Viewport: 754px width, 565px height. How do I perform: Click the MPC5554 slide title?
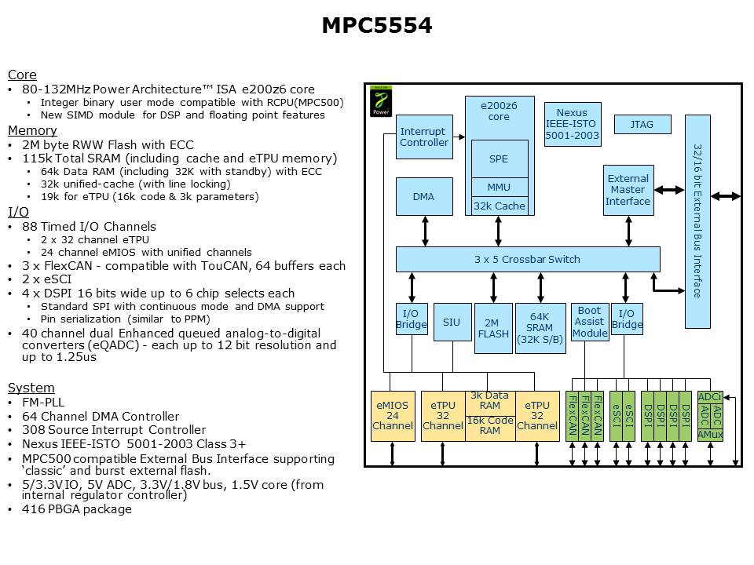click(376, 26)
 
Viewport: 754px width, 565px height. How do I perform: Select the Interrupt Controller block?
click(423, 137)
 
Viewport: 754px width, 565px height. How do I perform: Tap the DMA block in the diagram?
click(423, 197)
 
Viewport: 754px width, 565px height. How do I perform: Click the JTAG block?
click(641, 124)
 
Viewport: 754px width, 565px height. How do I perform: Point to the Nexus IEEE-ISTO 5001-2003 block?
click(572, 124)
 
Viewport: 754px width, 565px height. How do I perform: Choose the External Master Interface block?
click(628, 190)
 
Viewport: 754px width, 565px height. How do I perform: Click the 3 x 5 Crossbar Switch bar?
click(527, 259)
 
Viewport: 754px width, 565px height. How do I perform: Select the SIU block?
click(452, 323)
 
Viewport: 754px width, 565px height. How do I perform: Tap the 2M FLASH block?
click(492, 328)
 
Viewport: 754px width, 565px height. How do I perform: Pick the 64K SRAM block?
click(540, 328)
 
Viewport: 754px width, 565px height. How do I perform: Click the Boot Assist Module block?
click(589, 322)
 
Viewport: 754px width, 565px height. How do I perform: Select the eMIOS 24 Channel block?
click(393, 415)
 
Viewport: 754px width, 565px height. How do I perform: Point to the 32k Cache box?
click(499, 206)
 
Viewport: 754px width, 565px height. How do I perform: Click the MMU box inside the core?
click(499, 187)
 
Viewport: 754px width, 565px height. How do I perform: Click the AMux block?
click(710, 435)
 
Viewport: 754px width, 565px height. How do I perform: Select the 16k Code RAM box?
click(490, 425)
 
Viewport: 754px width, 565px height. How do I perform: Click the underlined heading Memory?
click(32, 130)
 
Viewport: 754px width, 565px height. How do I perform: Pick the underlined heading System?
click(31, 388)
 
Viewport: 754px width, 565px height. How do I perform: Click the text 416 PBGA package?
click(76, 509)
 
